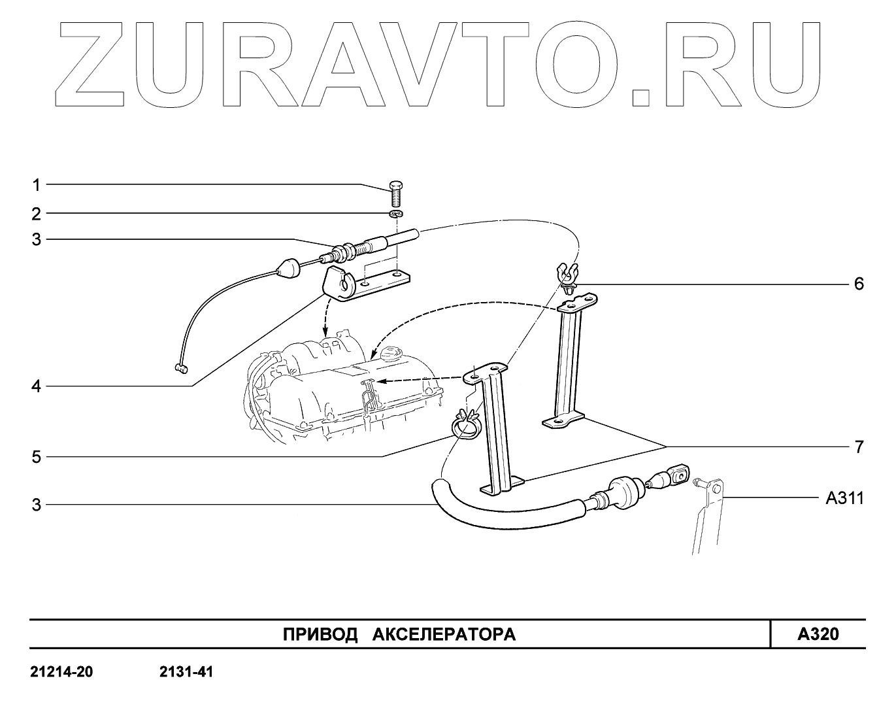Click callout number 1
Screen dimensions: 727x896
37,185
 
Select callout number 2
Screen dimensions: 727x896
37,214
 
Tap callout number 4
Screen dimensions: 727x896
37,386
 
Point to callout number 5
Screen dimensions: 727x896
37,456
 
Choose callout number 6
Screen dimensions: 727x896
859,284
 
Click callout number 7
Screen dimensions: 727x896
859,447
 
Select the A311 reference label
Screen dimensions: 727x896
844,499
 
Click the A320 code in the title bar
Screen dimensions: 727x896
818,634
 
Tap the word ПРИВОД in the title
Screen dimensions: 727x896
320,635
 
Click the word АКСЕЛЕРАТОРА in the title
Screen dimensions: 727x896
444,635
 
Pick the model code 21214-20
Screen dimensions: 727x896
61,672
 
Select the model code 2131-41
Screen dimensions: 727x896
186,672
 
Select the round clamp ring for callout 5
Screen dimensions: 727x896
465,426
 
